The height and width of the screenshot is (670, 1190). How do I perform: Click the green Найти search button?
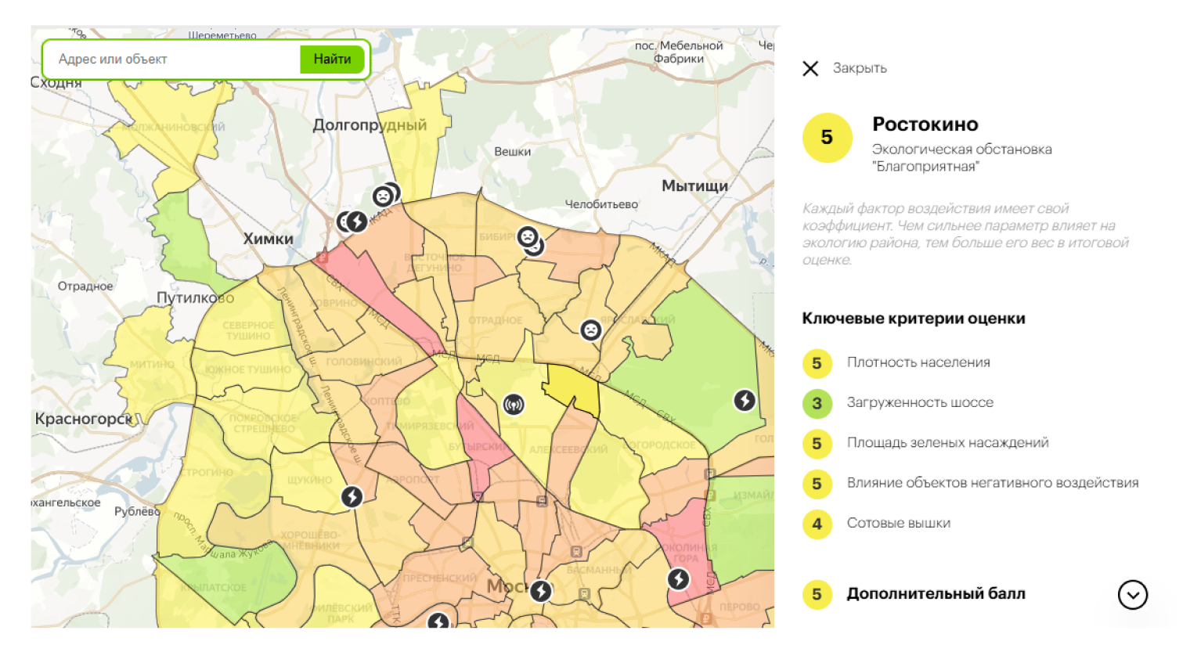(x=332, y=59)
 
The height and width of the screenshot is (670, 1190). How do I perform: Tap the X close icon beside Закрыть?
(x=810, y=69)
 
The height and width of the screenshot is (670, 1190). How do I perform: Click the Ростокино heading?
(x=925, y=124)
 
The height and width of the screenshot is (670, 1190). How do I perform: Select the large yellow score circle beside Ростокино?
(x=827, y=138)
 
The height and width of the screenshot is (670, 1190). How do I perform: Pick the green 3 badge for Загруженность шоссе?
(x=817, y=403)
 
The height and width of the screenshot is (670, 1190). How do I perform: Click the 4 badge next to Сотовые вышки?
(x=817, y=524)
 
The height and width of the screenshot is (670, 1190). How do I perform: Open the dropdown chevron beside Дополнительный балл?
(x=1132, y=595)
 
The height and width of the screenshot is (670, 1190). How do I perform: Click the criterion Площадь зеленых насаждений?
(x=947, y=443)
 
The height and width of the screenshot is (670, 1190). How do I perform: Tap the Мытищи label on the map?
(x=694, y=186)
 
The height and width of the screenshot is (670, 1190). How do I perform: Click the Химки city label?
(x=268, y=240)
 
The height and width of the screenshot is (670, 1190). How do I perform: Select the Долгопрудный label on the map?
(x=370, y=125)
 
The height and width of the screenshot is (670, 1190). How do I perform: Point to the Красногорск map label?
(x=84, y=419)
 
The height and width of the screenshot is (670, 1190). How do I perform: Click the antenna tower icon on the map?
(x=514, y=405)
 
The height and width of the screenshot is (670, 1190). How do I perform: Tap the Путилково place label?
(x=195, y=298)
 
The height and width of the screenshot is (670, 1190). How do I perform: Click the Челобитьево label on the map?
(x=601, y=204)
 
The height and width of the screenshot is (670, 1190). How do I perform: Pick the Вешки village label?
(x=512, y=152)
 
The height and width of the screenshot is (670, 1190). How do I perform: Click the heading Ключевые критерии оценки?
(x=913, y=319)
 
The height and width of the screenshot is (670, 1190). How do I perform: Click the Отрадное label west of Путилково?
(x=85, y=286)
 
